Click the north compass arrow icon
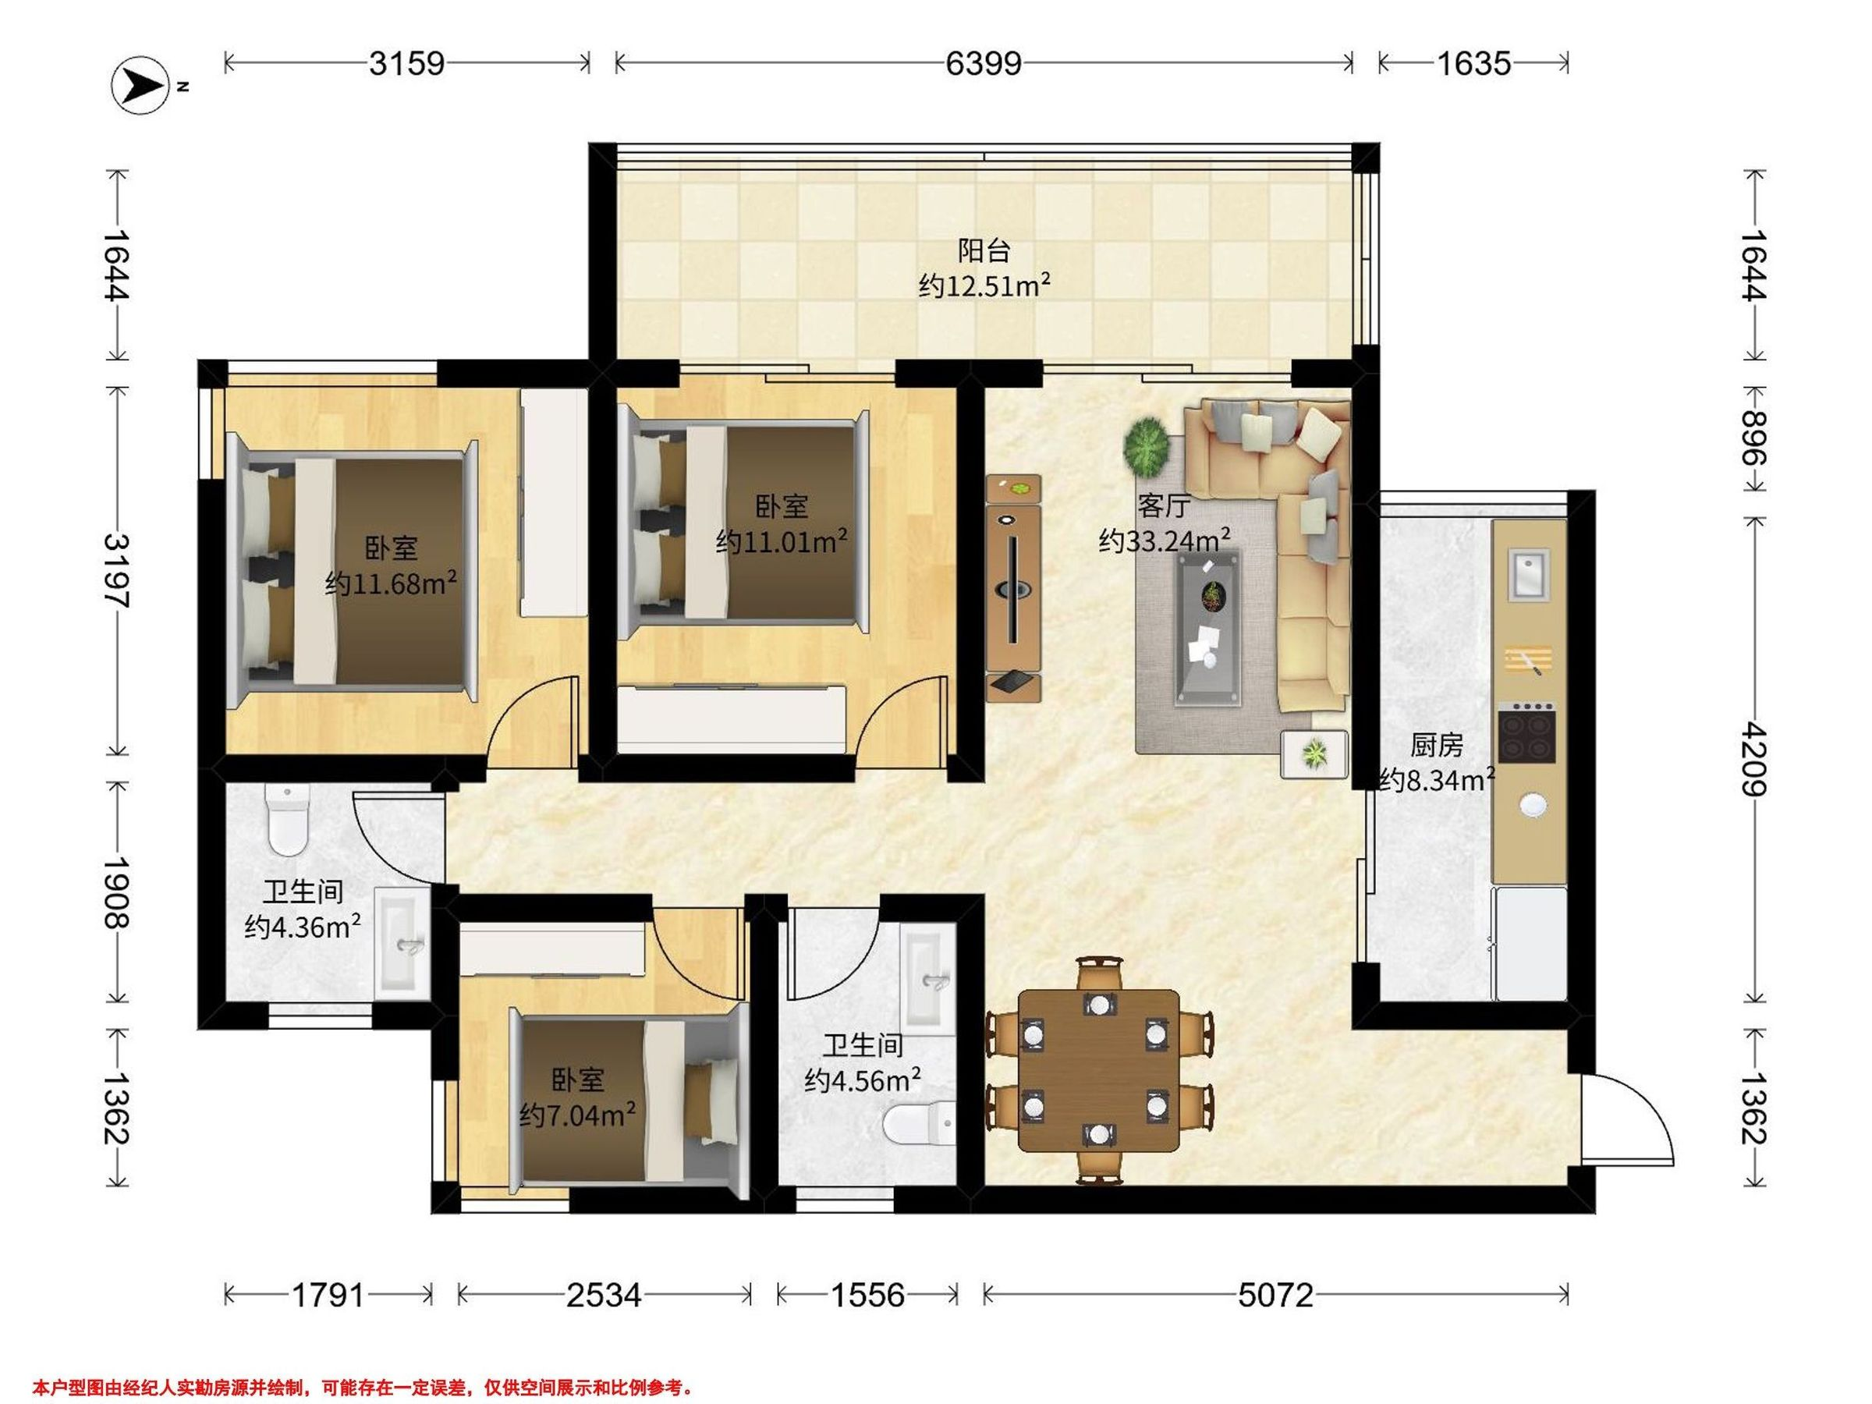(140, 84)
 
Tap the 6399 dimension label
(984, 63)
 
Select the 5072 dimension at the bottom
(1275, 1295)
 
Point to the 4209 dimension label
(1753, 758)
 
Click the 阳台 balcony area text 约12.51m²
(984, 286)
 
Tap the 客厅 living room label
(1164, 505)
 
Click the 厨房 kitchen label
(1436, 745)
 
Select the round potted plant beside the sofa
(1147, 446)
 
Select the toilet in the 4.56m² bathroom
(918, 1126)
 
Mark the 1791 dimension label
(328, 1295)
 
